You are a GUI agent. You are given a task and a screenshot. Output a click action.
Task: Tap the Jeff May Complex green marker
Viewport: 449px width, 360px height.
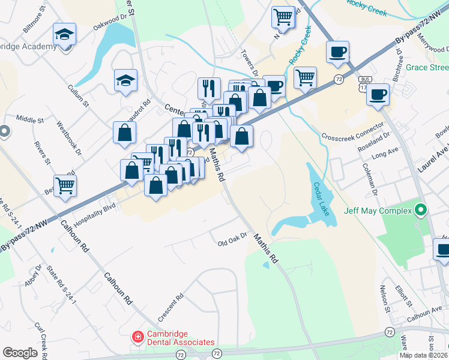coord(421,211)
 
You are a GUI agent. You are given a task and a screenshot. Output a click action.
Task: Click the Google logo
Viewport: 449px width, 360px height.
coord(20,353)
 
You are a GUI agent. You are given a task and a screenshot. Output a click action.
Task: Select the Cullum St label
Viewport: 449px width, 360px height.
coord(78,96)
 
